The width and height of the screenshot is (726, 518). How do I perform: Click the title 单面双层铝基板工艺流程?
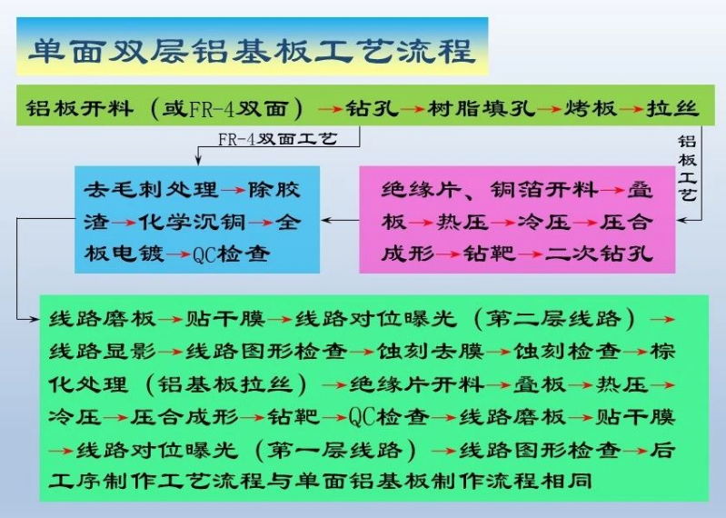[x=253, y=51]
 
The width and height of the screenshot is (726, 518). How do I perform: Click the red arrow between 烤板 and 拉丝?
[x=632, y=110]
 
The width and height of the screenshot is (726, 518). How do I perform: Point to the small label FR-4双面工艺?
[x=277, y=138]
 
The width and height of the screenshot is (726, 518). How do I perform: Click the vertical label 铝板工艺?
[x=687, y=167]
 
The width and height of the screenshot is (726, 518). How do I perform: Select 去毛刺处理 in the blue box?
[x=151, y=189]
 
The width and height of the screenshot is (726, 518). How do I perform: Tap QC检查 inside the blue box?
[x=231, y=254]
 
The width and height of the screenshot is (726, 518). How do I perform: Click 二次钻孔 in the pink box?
[x=599, y=254]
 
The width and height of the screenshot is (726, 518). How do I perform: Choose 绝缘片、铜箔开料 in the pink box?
[x=490, y=190]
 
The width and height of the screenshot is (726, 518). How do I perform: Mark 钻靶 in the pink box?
[x=490, y=254]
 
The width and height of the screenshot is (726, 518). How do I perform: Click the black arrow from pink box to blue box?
[x=340, y=220]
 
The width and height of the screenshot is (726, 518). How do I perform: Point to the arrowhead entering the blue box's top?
[x=198, y=161]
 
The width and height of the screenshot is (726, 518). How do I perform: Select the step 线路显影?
[x=103, y=352]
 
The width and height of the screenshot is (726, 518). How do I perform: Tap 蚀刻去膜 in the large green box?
[x=431, y=352]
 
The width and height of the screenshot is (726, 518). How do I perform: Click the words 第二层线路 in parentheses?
[x=553, y=318]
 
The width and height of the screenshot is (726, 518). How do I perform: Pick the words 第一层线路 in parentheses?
[x=334, y=450]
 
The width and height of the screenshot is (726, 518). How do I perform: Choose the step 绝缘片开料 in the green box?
[x=417, y=384]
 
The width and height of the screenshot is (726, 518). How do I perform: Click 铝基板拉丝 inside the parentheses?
[x=225, y=384]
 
